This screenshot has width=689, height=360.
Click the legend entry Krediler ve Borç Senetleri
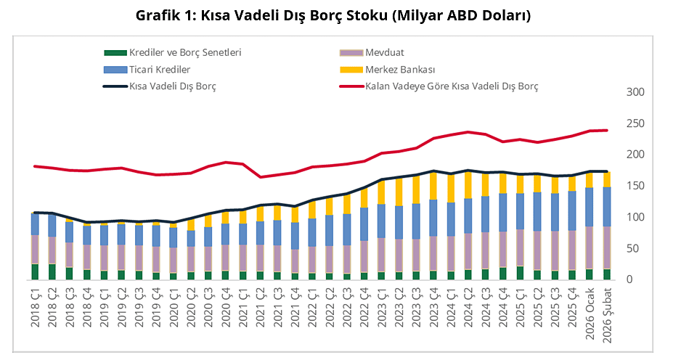tap(184, 52)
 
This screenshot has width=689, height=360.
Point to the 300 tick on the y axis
tap(635, 92)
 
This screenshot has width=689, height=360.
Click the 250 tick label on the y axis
tap(635, 123)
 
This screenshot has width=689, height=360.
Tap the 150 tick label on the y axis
tap(635, 186)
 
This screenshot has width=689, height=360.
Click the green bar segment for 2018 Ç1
tap(35, 271)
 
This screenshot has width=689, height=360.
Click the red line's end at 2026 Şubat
tap(608, 131)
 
